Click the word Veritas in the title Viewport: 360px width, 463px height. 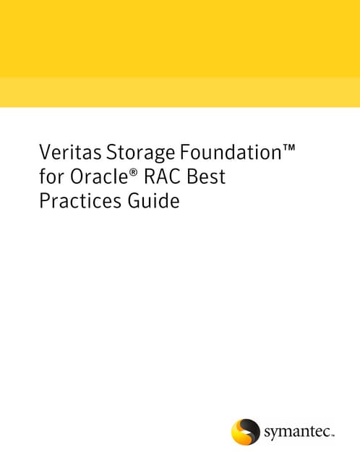(x=70, y=152)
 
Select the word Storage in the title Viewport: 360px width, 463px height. (x=140, y=153)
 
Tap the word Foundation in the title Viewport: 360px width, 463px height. (x=231, y=152)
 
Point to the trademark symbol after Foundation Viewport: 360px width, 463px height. (x=288, y=147)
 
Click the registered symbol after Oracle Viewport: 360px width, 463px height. (x=133, y=172)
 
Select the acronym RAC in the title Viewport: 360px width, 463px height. (x=163, y=177)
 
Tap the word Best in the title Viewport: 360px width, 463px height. (x=206, y=177)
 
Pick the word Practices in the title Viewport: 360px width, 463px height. (x=80, y=201)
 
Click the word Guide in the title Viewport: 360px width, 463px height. (x=153, y=201)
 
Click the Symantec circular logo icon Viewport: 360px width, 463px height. (x=246, y=431)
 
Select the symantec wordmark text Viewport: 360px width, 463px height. (x=299, y=433)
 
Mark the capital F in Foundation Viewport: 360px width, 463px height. (x=184, y=153)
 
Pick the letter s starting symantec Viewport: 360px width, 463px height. (x=267, y=433)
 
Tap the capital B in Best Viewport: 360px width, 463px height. (x=192, y=177)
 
